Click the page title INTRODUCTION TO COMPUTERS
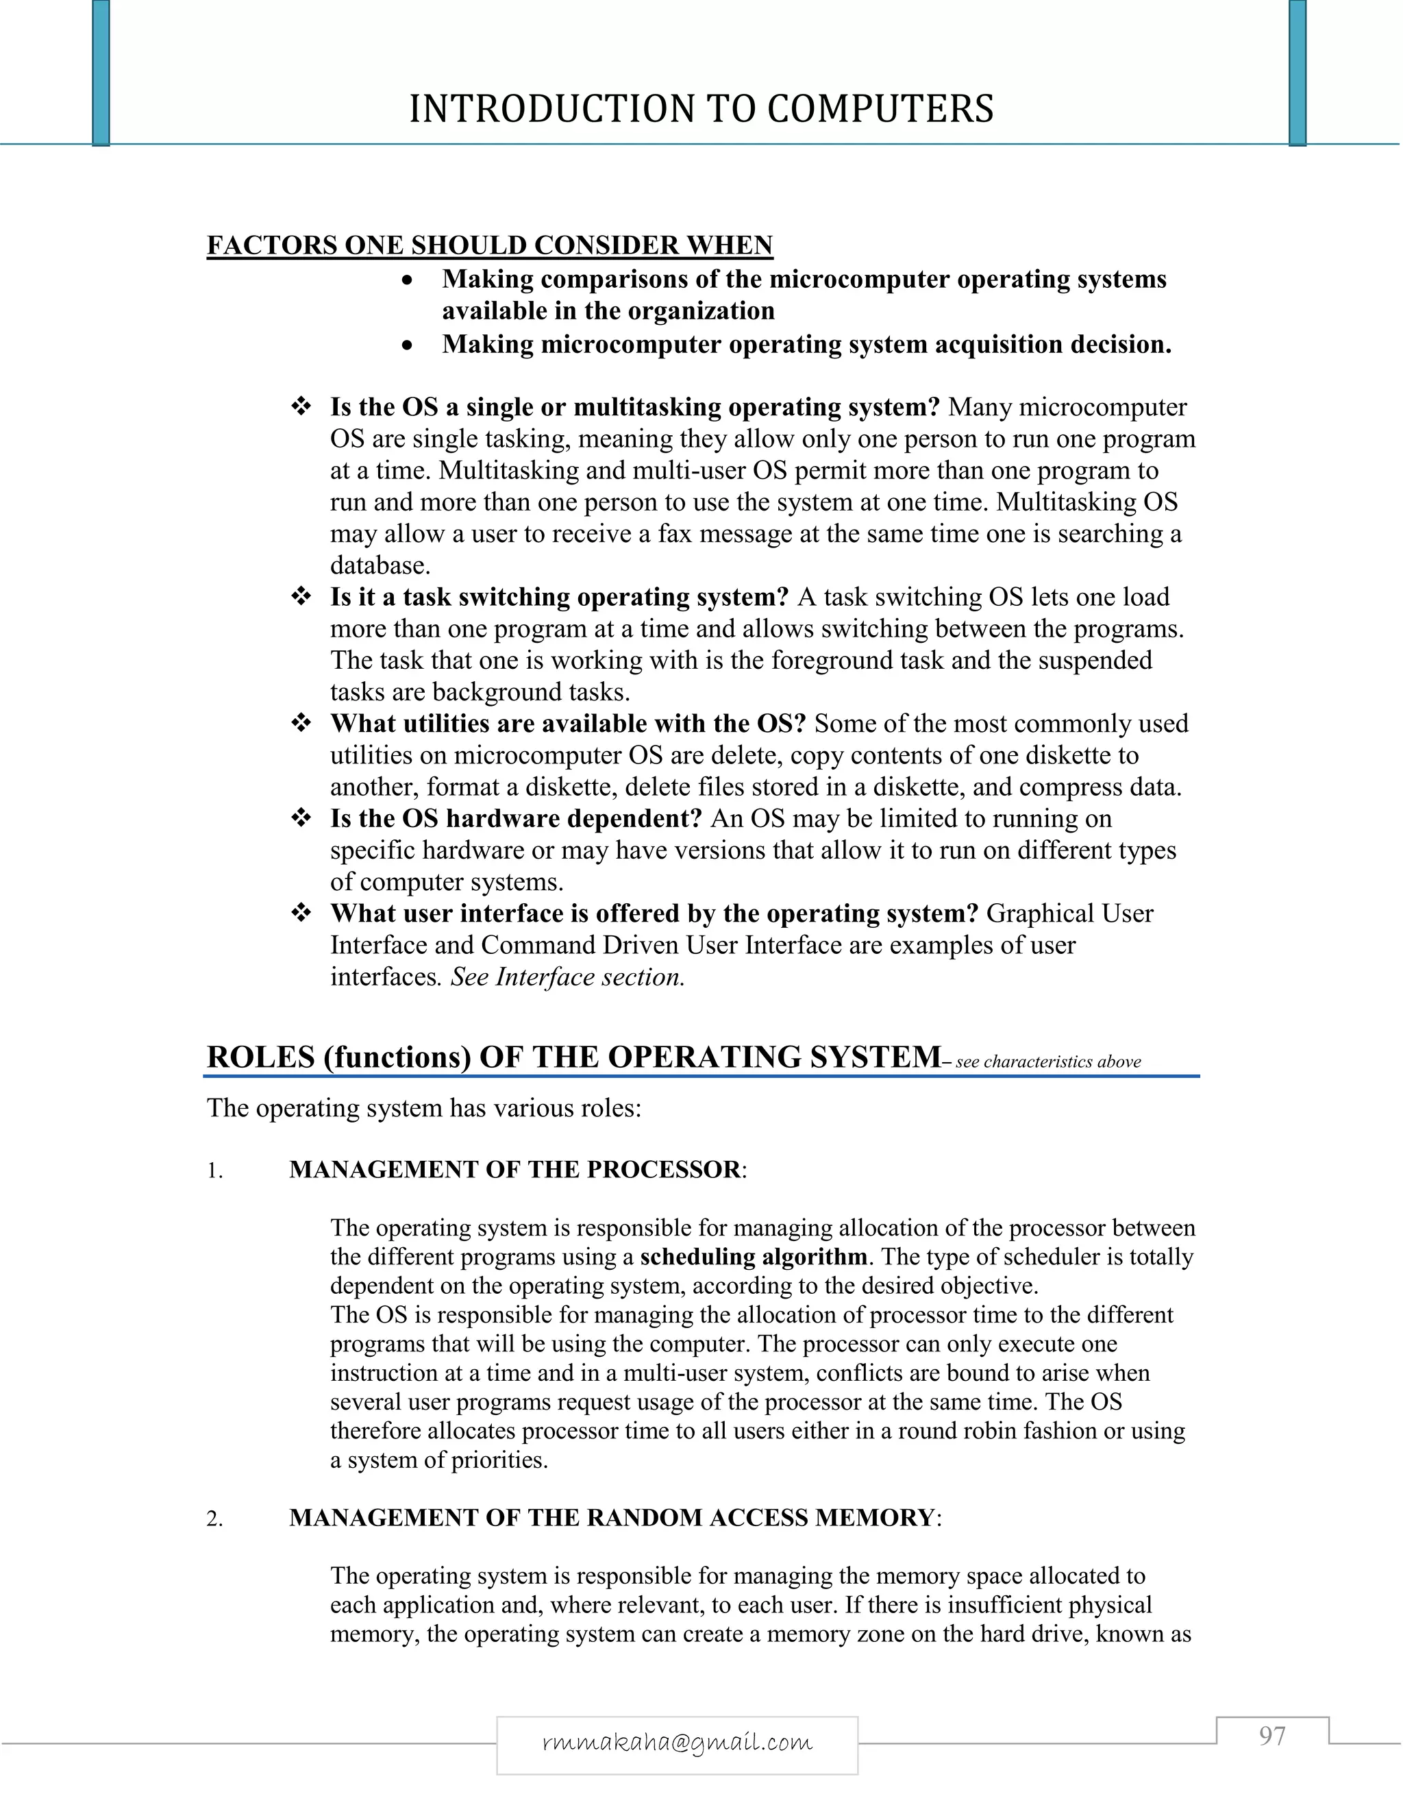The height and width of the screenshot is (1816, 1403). pyautogui.click(x=701, y=109)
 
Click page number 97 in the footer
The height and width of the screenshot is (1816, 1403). pyautogui.click(x=1271, y=1737)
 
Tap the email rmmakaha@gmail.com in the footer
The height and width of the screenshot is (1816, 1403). pyautogui.click(x=677, y=1742)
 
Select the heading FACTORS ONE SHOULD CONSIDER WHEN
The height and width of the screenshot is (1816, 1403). pyautogui.click(x=490, y=245)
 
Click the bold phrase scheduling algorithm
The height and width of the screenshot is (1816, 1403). pyautogui.click(x=753, y=1256)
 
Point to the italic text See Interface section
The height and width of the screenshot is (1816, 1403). pyautogui.click(x=568, y=977)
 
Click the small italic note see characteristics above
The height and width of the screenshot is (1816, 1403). pyautogui.click(x=1047, y=1062)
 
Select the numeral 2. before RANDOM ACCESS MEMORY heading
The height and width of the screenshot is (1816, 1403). pyautogui.click(x=214, y=1520)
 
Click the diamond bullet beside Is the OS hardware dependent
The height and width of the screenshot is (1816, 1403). pyautogui.click(x=301, y=818)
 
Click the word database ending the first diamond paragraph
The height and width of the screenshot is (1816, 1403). pyautogui.click(x=379, y=565)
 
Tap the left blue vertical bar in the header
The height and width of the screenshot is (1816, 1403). pyautogui.click(x=101, y=73)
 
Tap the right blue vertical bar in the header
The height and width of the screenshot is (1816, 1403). pyautogui.click(x=1297, y=73)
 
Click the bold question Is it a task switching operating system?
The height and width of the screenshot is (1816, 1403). pyautogui.click(x=558, y=597)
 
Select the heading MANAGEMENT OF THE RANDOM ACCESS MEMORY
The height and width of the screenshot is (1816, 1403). pyautogui.click(x=612, y=1519)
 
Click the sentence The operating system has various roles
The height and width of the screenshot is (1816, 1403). pyautogui.click(x=424, y=1108)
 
